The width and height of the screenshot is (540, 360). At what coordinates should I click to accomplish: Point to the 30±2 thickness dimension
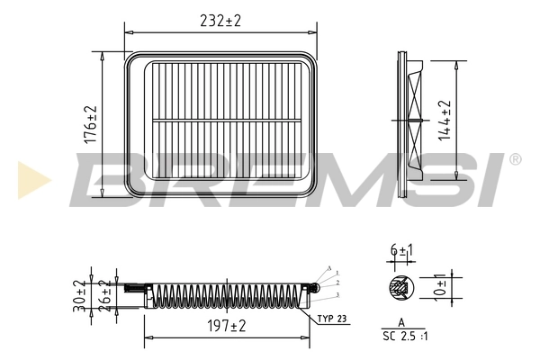80,295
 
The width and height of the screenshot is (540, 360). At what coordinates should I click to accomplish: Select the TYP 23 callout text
330,318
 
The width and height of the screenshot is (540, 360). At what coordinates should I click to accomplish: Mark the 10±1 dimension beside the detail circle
441,286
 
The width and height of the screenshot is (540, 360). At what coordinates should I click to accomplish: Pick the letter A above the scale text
400,321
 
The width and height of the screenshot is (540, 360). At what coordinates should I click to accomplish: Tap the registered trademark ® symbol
514,159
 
